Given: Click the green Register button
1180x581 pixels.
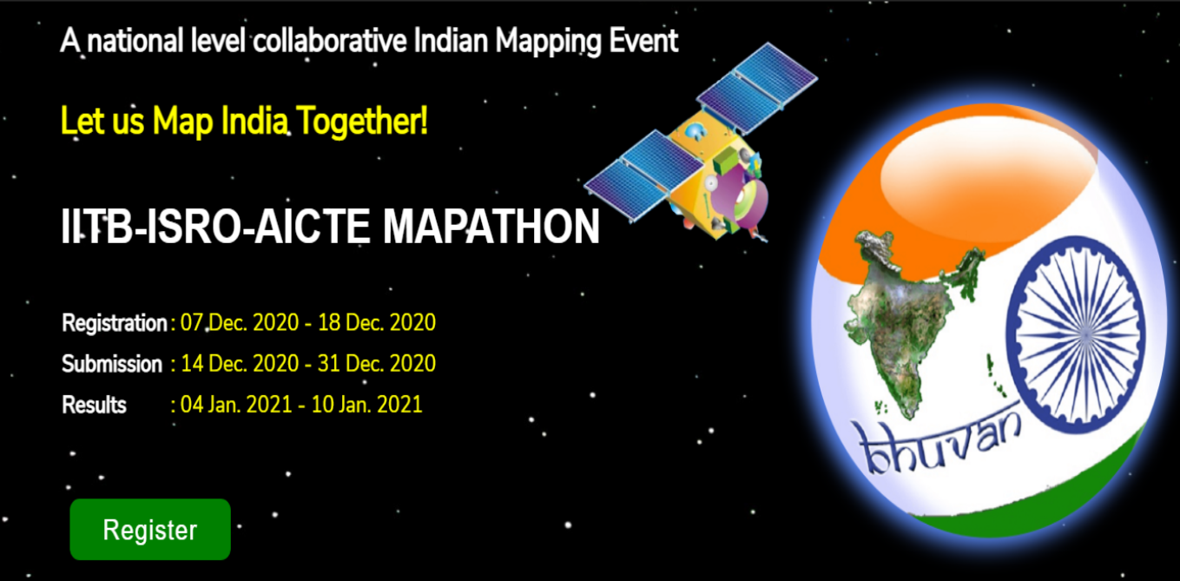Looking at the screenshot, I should pos(150,530).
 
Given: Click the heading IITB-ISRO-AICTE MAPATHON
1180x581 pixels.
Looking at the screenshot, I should pos(331,228).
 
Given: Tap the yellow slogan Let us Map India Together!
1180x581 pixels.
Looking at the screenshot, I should pos(244,122).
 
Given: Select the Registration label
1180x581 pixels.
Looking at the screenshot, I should pos(114,323).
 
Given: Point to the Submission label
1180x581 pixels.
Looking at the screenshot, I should pos(111,364).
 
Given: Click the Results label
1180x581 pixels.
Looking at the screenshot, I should pos(94,405).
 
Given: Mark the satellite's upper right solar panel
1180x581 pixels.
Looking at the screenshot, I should pos(757,83).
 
